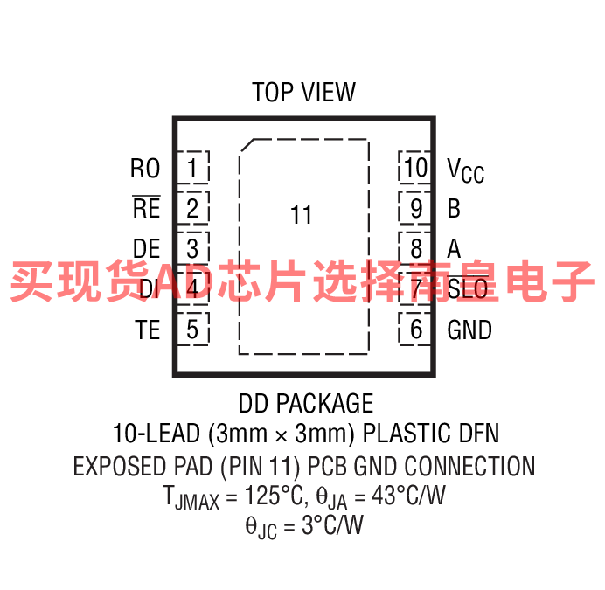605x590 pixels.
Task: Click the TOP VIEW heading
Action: (303, 93)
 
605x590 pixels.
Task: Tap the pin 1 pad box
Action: (193, 168)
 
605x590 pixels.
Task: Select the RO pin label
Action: (145, 168)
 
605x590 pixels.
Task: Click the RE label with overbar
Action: (146, 207)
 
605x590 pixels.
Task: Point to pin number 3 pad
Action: (193, 248)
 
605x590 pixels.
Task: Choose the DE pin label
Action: (147, 248)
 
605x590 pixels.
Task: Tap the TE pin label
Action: (148, 330)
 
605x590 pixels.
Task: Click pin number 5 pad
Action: (193, 330)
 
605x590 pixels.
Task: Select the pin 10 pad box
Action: (414, 168)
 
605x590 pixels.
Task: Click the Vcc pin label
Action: (466, 170)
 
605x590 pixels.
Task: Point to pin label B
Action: (454, 208)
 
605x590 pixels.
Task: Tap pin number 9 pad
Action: (414, 208)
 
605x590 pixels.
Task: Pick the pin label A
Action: (454, 248)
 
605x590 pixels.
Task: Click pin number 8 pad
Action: (414, 248)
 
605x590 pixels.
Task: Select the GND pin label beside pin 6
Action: (469, 330)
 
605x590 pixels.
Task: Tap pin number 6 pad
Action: (414, 330)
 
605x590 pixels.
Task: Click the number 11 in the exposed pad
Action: (301, 214)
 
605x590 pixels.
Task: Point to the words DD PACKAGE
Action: (306, 403)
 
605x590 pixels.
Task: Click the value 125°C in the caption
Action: (274, 495)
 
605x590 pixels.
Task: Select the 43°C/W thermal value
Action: (408, 495)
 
